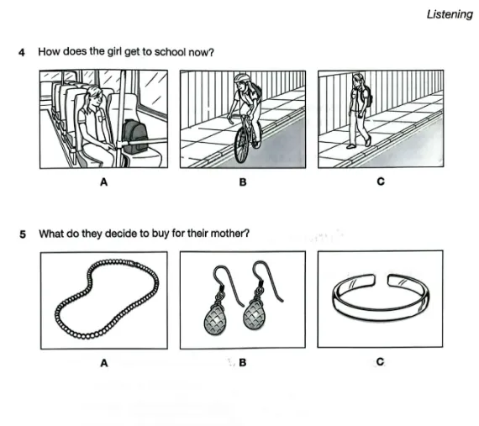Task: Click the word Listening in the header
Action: [x=450, y=14]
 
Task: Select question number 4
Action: [x=22, y=52]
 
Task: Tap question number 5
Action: [x=23, y=234]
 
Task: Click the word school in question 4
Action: [x=170, y=52]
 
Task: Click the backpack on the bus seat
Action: [x=134, y=136]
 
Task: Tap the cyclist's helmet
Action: [x=241, y=78]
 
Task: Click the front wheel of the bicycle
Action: [x=241, y=145]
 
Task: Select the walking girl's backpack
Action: [x=367, y=96]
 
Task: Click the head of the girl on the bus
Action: [x=93, y=97]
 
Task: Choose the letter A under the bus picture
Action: [x=104, y=182]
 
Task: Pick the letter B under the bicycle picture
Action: [x=243, y=182]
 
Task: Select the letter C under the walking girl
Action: [x=381, y=181]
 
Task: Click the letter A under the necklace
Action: [x=104, y=363]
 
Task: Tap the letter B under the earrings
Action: [x=243, y=362]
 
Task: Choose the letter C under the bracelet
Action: [x=380, y=362]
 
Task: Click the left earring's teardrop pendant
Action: [x=215, y=319]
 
